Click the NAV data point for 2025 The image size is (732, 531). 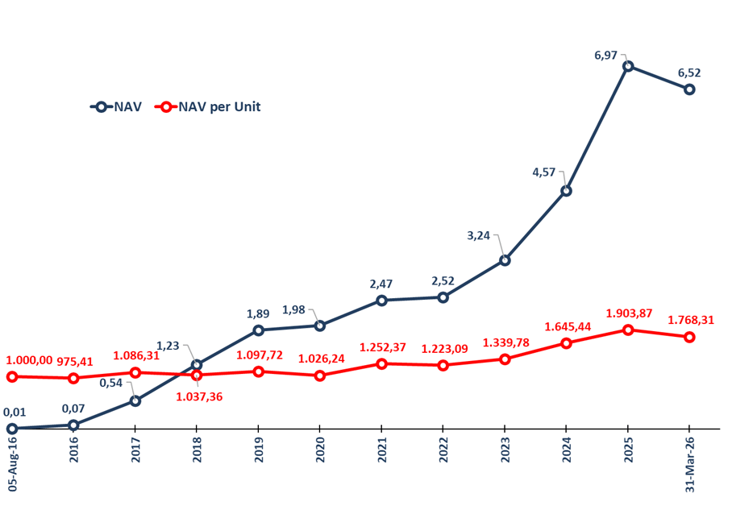[628, 66]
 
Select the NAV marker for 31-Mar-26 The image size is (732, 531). [689, 89]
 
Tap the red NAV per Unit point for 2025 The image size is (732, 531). [628, 330]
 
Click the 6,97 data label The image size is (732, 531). [605, 55]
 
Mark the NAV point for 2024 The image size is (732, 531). [566, 191]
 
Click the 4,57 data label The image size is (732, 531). [545, 172]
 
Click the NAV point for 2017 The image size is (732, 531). [135, 400]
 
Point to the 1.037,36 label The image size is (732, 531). [199, 396]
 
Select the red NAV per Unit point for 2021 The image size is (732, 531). [381, 364]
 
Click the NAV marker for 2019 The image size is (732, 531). [258, 330]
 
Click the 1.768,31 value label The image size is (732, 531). [692, 320]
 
